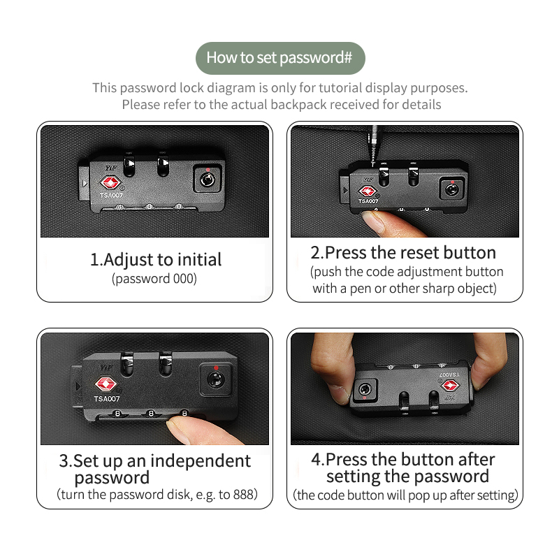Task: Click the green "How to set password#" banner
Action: (280, 58)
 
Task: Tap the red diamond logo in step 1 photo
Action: (110, 183)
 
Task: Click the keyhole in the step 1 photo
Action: (207, 180)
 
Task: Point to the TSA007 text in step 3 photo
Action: (107, 398)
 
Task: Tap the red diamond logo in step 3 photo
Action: (106, 384)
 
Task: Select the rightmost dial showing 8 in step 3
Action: (184, 414)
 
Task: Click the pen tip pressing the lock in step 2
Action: (373, 163)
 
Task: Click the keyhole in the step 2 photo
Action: (451, 189)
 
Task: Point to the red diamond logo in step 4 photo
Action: (450, 386)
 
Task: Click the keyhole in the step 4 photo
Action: (364, 389)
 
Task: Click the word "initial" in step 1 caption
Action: (199, 259)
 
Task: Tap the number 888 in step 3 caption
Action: (243, 495)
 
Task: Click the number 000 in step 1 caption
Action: (183, 278)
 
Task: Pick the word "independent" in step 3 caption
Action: (201, 461)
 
